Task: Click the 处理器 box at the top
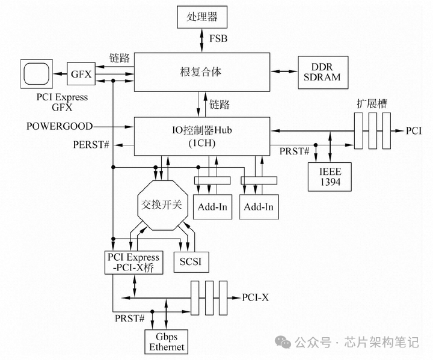pos(202,17)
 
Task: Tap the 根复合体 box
pos(201,71)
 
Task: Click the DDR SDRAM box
pos(321,72)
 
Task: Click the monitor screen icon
pos(35,74)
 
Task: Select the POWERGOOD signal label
pos(60,126)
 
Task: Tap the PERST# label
pos(92,145)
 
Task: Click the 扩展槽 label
pos(371,103)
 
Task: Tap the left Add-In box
pos(212,207)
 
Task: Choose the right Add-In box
pos(259,207)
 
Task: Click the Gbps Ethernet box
pos(167,341)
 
